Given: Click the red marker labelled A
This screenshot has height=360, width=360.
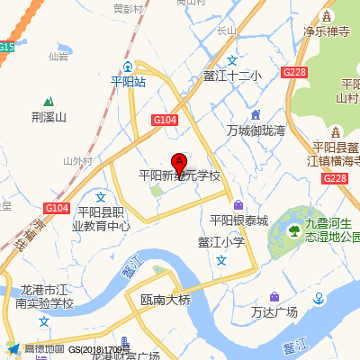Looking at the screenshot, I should point(179,164).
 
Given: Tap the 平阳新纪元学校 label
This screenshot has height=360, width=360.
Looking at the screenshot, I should point(179,176).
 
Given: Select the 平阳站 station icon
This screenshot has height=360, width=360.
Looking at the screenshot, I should point(128,67).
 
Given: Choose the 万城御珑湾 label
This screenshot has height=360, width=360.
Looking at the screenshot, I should point(256,130).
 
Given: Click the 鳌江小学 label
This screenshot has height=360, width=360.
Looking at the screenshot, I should point(221,241).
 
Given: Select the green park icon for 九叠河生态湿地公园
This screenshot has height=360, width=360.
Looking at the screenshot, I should point(293,234).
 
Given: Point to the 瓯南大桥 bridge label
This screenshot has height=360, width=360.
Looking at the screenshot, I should point(166,300).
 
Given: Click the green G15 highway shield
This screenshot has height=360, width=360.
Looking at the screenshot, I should point(6,46).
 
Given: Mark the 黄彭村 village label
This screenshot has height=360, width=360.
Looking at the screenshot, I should point(128,8).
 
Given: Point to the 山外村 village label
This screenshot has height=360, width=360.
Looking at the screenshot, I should point(78,161).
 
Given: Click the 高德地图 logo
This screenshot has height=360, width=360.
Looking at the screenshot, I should point(36,349).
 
